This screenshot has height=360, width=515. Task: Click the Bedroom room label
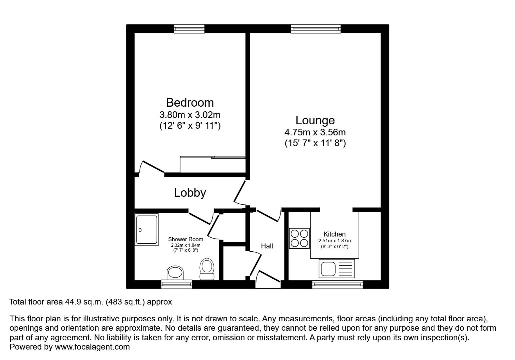[x=190, y=103]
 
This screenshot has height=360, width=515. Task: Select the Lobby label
[x=190, y=193]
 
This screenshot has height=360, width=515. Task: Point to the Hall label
[x=267, y=246]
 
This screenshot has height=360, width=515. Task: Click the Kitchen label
[x=334, y=234]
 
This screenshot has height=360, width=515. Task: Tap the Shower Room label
[x=185, y=239]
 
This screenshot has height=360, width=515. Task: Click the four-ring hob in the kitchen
[x=299, y=238]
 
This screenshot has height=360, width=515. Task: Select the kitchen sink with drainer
[x=337, y=269]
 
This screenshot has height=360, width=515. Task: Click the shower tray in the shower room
[x=146, y=230]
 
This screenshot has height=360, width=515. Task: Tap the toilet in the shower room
[x=207, y=269]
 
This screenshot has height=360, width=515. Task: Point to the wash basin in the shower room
[x=175, y=273]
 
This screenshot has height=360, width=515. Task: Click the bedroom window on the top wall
[x=189, y=29]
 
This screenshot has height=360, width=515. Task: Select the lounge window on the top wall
[x=316, y=29]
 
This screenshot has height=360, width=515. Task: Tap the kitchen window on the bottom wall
[x=338, y=284]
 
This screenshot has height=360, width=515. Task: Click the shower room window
[x=176, y=284]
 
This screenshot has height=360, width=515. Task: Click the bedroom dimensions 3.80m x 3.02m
[x=190, y=114]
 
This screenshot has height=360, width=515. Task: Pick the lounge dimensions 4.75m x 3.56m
[x=315, y=132]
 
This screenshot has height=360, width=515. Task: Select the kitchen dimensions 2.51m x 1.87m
[x=335, y=241]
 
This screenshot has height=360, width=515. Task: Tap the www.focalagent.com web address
[x=92, y=347]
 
